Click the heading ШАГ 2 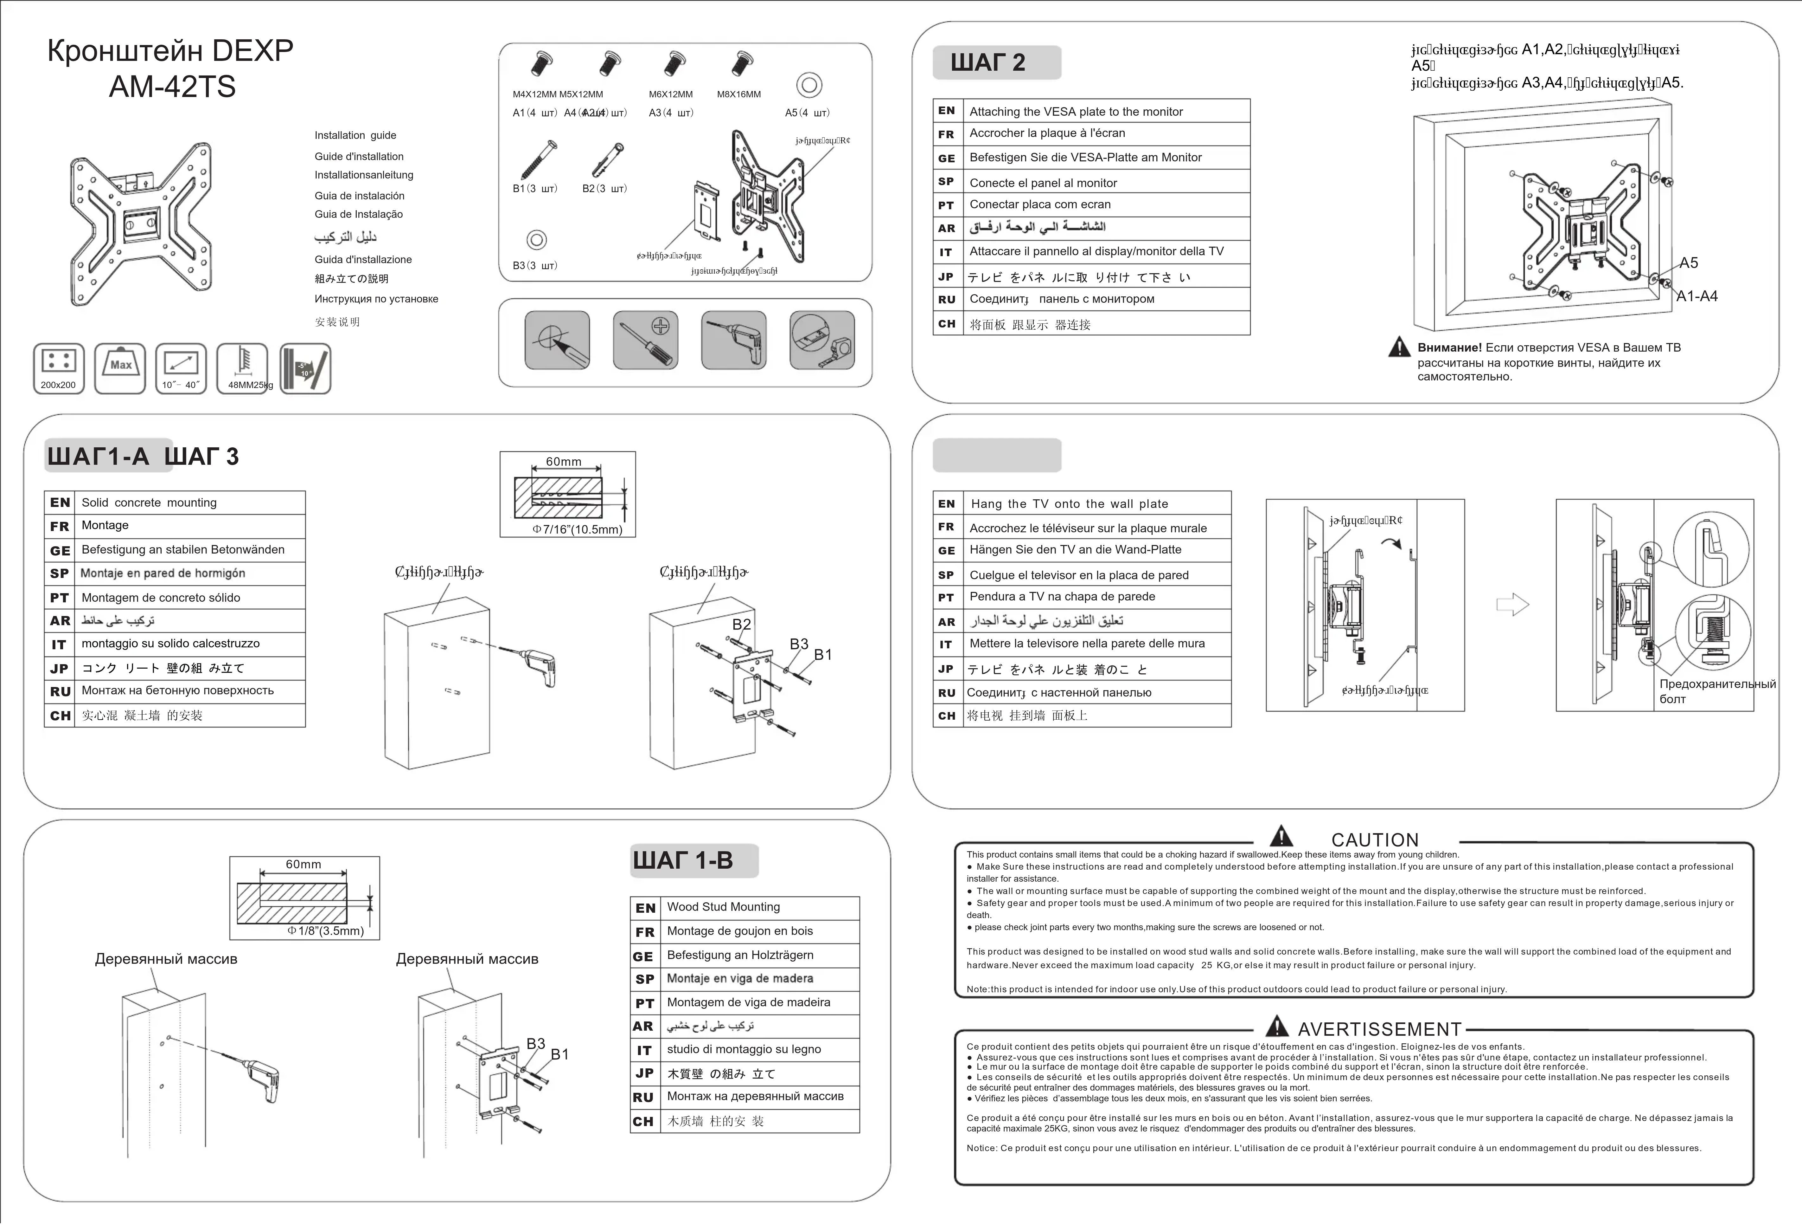coord(988,62)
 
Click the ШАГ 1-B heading coord(682,860)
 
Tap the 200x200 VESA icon coord(58,368)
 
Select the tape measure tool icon coord(822,340)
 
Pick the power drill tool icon coord(733,340)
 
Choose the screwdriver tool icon coord(645,340)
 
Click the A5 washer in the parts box coord(809,85)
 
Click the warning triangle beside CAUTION coord(1281,836)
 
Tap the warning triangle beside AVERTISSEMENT coord(1276,1027)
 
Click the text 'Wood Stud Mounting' coord(724,907)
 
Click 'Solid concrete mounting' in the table coord(149,503)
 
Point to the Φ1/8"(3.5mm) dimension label coord(326,931)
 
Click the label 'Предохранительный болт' coord(1717,691)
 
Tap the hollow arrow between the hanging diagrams coord(1512,604)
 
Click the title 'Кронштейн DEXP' coord(170,51)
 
